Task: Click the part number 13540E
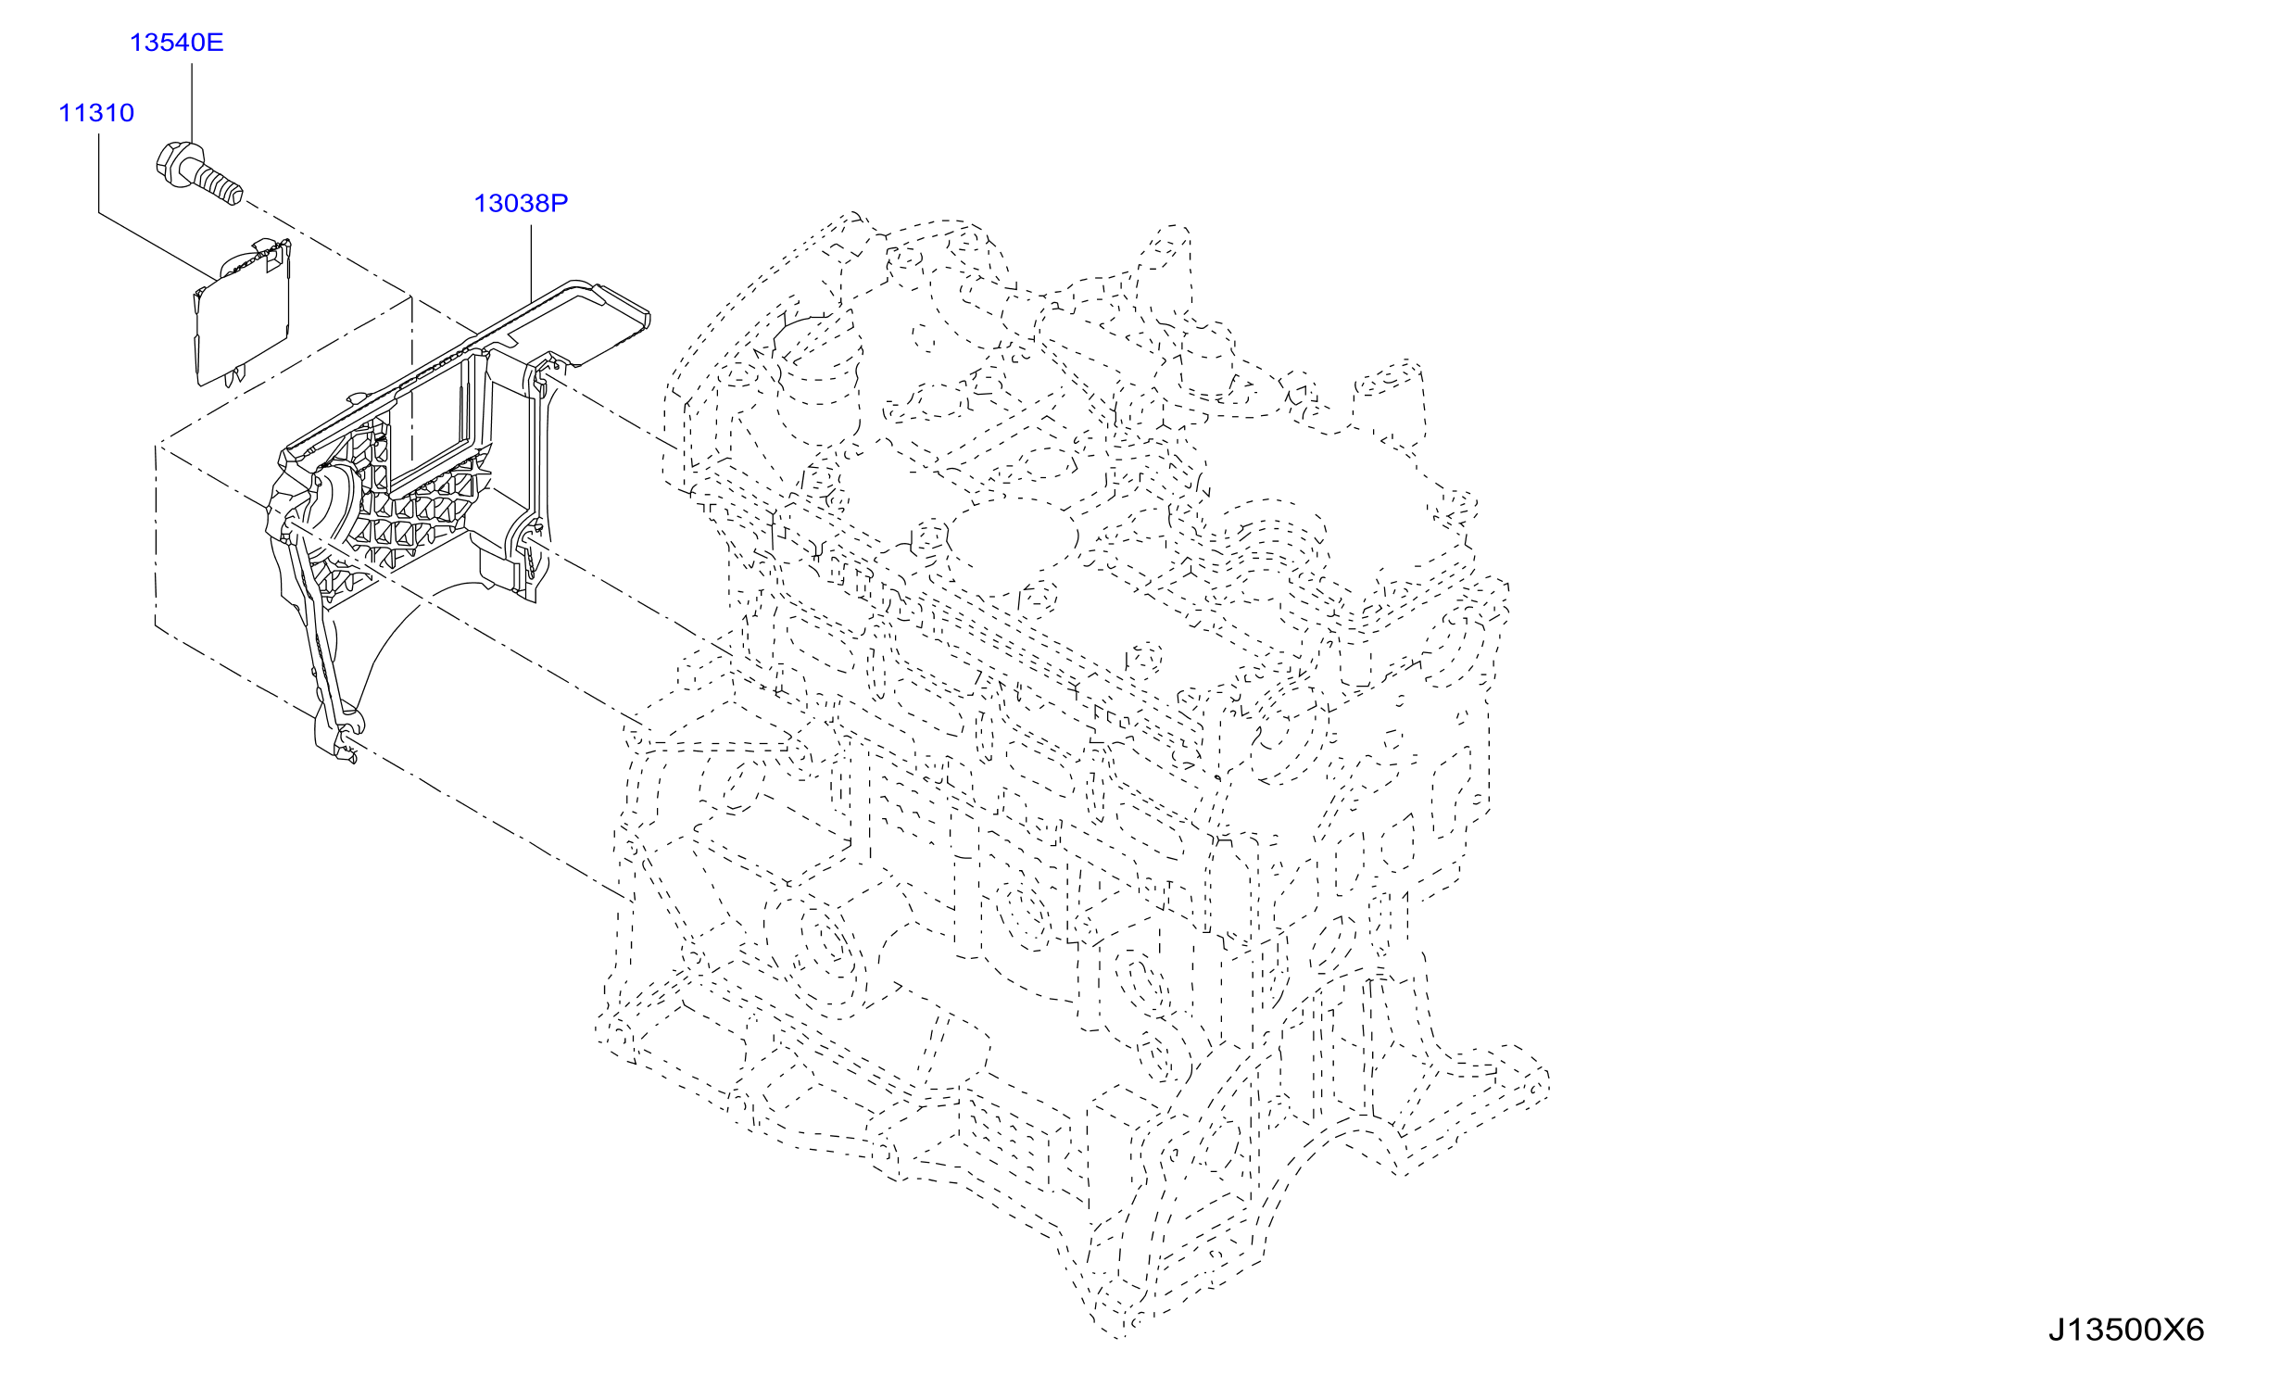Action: [x=176, y=43]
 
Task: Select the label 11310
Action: [x=96, y=113]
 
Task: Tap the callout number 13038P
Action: [x=521, y=203]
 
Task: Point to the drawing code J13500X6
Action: [x=2126, y=1331]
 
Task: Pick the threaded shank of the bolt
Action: [x=219, y=183]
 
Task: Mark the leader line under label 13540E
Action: [x=192, y=101]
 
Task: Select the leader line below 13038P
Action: [x=531, y=264]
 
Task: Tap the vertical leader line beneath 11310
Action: [x=99, y=173]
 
